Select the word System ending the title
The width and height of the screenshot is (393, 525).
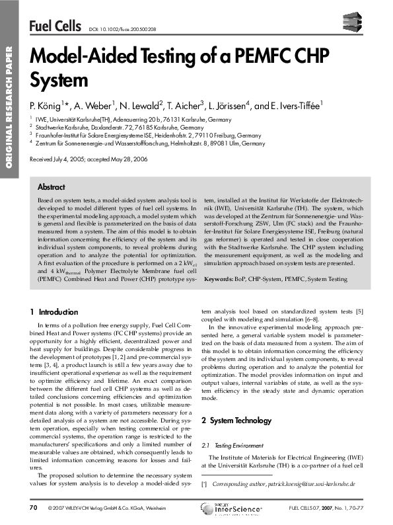[x=59, y=80]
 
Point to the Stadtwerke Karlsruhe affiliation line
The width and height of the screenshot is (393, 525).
[x=116, y=126]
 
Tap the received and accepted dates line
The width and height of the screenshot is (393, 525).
[x=89, y=159]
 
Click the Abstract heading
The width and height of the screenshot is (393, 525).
[x=52, y=187]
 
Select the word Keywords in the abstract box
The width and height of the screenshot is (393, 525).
[x=220, y=280]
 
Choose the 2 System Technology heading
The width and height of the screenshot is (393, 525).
[x=236, y=401]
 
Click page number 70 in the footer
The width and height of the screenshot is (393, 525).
[x=34, y=507]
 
